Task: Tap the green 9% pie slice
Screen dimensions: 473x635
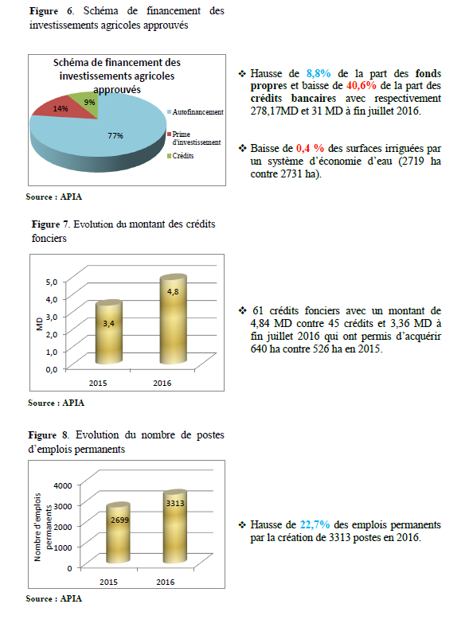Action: pyautogui.click(x=88, y=103)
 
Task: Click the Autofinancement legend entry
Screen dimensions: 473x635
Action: pyautogui.click(x=195, y=111)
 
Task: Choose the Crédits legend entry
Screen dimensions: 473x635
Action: pyautogui.click(x=181, y=155)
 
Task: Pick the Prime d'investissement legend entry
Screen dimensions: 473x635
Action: pyautogui.click(x=194, y=138)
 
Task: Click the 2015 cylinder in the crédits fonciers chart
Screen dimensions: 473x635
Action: pyautogui.click(x=108, y=332)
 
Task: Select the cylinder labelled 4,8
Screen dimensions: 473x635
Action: pyautogui.click(x=173, y=319)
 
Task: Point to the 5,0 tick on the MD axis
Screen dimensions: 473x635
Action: pyautogui.click(x=52, y=282)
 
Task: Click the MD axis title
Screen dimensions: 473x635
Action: pyautogui.click(x=39, y=324)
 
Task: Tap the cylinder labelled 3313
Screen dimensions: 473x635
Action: pyautogui.click(x=175, y=527)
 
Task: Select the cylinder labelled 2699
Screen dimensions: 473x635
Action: pyautogui.click(x=119, y=533)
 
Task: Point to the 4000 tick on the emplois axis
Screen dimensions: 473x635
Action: pyautogui.click(x=63, y=485)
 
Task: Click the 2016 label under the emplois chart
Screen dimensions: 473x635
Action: pyautogui.click(x=166, y=582)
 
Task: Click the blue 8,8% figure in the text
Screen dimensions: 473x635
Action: pyautogui.click(x=319, y=73)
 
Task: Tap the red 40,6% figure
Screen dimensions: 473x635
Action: pyautogui.click(x=362, y=85)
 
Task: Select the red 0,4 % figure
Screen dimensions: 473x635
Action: pyautogui.click(x=310, y=148)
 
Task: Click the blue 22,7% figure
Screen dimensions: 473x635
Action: pyautogui.click(x=315, y=525)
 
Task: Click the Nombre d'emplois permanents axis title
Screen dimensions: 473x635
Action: pyautogui.click(x=43, y=527)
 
